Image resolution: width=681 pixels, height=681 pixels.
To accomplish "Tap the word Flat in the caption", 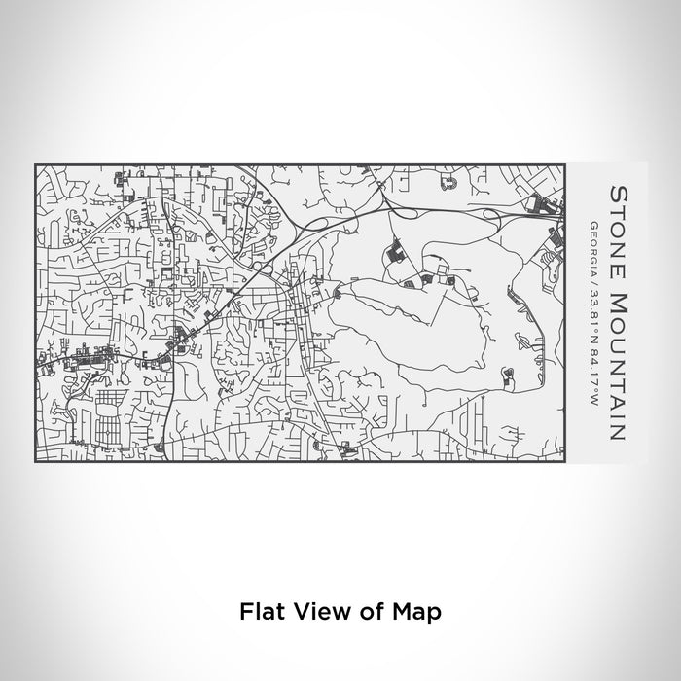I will (x=261, y=613).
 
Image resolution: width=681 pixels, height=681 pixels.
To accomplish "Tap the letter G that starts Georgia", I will (x=592, y=225).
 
